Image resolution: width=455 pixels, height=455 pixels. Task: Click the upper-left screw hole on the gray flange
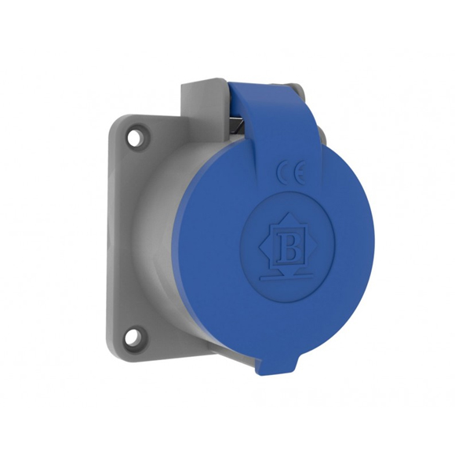tap(137, 135)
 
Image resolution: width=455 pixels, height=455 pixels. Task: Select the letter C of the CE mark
tap(284, 173)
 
